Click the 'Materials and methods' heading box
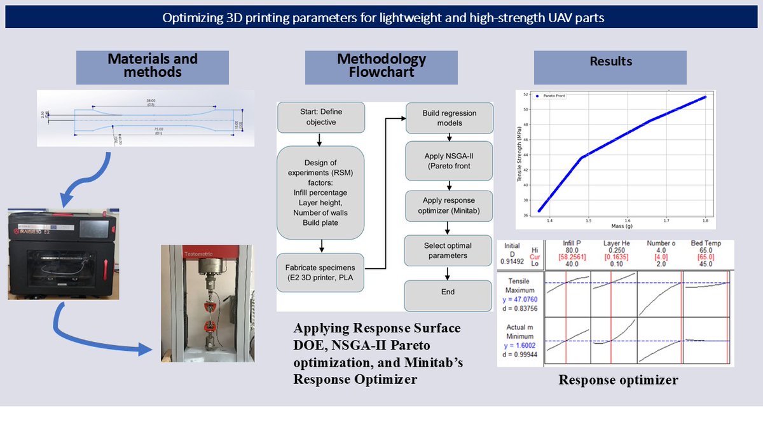coord(152,65)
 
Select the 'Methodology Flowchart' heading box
coord(381,65)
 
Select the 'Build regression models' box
coord(449,118)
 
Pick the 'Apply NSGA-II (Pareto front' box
coord(449,161)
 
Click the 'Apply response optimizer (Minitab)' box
coord(449,205)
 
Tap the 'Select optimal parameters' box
coord(449,250)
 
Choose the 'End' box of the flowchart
coord(448,292)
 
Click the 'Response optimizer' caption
coord(618,380)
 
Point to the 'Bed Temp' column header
coord(705,243)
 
